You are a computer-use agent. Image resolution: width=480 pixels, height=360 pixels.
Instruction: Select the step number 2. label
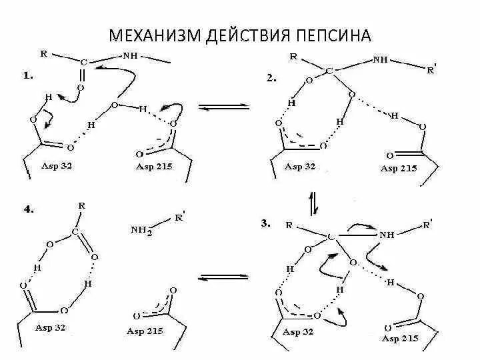[x=271, y=78]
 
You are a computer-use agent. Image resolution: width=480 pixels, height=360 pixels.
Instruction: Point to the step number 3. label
[x=266, y=224]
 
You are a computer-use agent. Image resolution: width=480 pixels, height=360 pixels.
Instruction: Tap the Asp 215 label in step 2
[x=399, y=168]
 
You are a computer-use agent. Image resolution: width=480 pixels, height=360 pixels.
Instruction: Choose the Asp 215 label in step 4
[x=145, y=331]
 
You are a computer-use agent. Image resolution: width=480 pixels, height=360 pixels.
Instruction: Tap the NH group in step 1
[x=131, y=56]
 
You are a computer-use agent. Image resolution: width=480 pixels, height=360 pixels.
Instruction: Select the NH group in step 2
[x=380, y=59]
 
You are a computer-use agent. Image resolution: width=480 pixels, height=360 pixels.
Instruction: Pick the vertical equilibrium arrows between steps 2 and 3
[x=313, y=201]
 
